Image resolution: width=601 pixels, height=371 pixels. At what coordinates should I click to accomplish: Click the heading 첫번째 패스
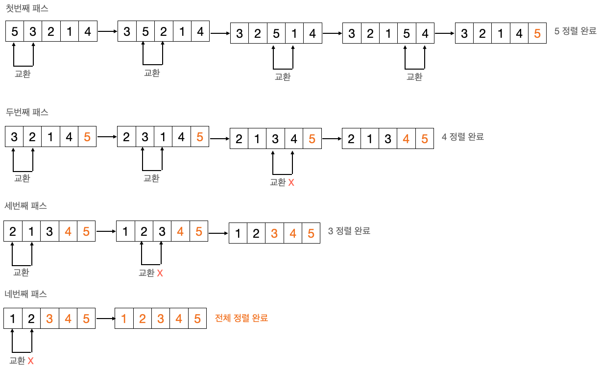27,9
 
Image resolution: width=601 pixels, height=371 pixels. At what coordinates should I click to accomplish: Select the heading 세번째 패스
25,206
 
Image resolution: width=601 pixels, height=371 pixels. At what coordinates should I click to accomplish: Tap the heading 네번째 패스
25,294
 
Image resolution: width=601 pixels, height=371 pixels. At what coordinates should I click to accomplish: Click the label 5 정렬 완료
575,31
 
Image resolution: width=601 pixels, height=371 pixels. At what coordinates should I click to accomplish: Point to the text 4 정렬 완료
462,137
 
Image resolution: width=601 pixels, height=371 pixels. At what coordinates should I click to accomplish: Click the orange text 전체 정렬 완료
241,318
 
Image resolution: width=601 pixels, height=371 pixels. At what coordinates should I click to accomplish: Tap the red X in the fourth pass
30,361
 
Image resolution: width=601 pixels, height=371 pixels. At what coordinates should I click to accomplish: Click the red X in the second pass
291,182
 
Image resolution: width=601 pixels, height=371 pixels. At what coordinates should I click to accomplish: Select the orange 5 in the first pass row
537,34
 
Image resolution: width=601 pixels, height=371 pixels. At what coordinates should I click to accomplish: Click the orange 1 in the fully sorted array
124,319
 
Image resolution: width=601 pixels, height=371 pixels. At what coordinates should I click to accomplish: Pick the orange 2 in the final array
142,319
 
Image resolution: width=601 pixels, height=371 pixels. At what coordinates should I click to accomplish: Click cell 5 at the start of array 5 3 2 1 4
14,32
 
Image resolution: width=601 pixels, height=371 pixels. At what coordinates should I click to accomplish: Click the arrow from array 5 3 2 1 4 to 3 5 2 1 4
108,31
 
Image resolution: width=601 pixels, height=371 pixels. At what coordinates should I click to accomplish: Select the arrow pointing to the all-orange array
105,319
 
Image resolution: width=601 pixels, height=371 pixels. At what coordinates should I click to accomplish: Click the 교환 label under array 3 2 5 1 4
283,76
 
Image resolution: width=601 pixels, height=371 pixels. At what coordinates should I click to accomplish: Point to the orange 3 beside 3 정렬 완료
274,234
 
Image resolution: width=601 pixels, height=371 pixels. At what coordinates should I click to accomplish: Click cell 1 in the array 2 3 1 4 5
163,137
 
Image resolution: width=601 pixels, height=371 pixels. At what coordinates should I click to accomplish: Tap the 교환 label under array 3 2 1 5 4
414,76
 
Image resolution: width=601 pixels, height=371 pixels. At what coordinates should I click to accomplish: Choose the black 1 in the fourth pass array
13,319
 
